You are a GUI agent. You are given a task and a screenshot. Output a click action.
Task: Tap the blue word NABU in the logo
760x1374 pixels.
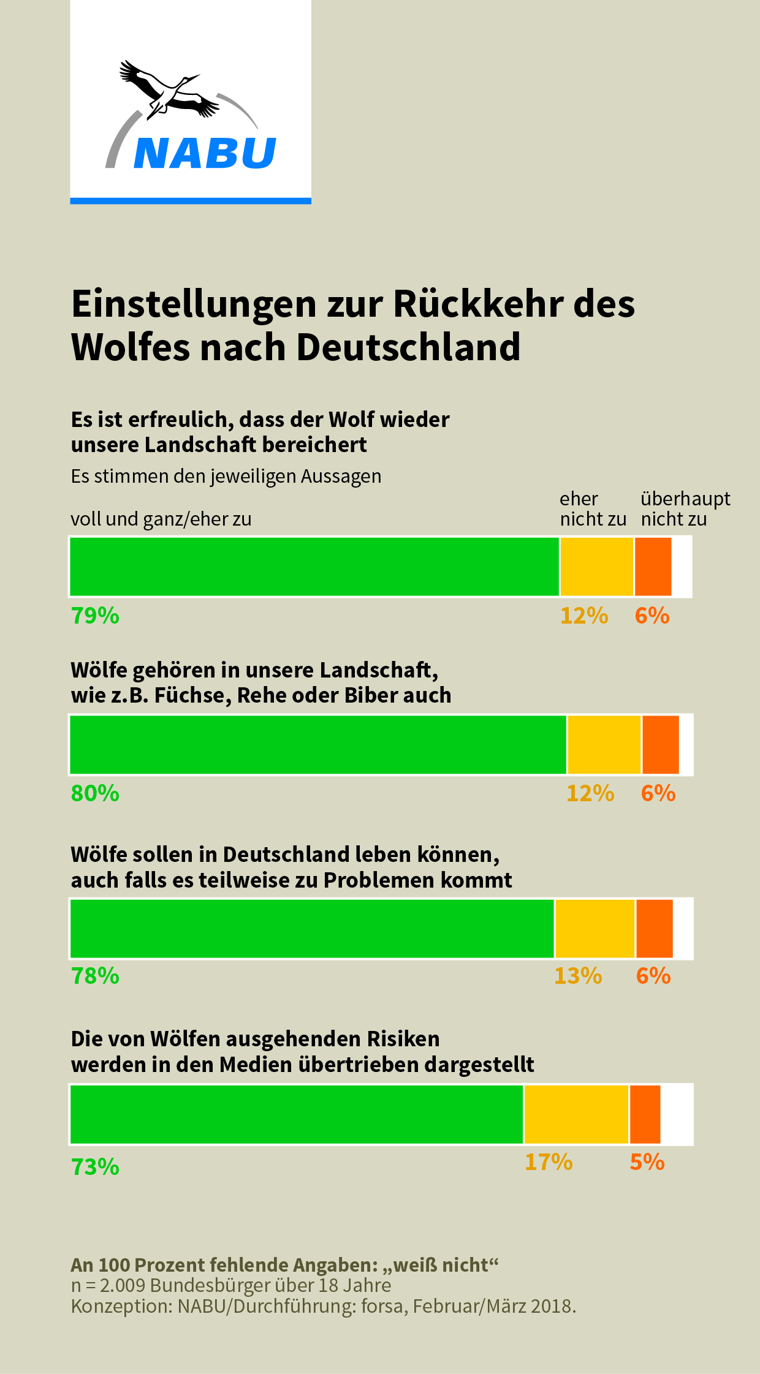pos(205,153)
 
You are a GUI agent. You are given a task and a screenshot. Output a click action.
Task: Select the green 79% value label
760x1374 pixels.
pos(95,616)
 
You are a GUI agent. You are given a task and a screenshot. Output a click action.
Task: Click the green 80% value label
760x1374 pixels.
pos(95,793)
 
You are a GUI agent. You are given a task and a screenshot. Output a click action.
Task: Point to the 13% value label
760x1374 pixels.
pos(578,976)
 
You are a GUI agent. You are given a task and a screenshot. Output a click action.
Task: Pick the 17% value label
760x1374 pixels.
pos(549,1162)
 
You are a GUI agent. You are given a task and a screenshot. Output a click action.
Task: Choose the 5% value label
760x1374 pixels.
pos(647,1162)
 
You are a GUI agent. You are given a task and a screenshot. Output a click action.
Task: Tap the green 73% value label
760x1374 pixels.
pos(95,1167)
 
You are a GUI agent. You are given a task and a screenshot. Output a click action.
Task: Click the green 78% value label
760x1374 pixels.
pos(95,976)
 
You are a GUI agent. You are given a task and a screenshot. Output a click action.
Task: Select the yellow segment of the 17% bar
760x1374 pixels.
pos(576,1114)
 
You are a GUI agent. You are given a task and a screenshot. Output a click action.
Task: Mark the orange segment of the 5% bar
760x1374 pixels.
pos(645,1114)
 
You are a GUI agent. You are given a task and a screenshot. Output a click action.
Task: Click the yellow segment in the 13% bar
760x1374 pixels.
pos(595,929)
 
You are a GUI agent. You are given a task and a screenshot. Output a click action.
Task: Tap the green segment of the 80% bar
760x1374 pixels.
pos(318,745)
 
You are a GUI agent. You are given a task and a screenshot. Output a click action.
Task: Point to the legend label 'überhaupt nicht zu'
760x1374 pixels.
pos(685,509)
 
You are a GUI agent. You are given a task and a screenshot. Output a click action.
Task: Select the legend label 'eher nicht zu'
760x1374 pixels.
pos(593,509)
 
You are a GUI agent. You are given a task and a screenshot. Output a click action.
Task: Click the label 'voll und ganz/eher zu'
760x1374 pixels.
pos(161,519)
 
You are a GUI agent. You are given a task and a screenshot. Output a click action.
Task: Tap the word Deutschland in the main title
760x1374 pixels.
pos(408,347)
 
